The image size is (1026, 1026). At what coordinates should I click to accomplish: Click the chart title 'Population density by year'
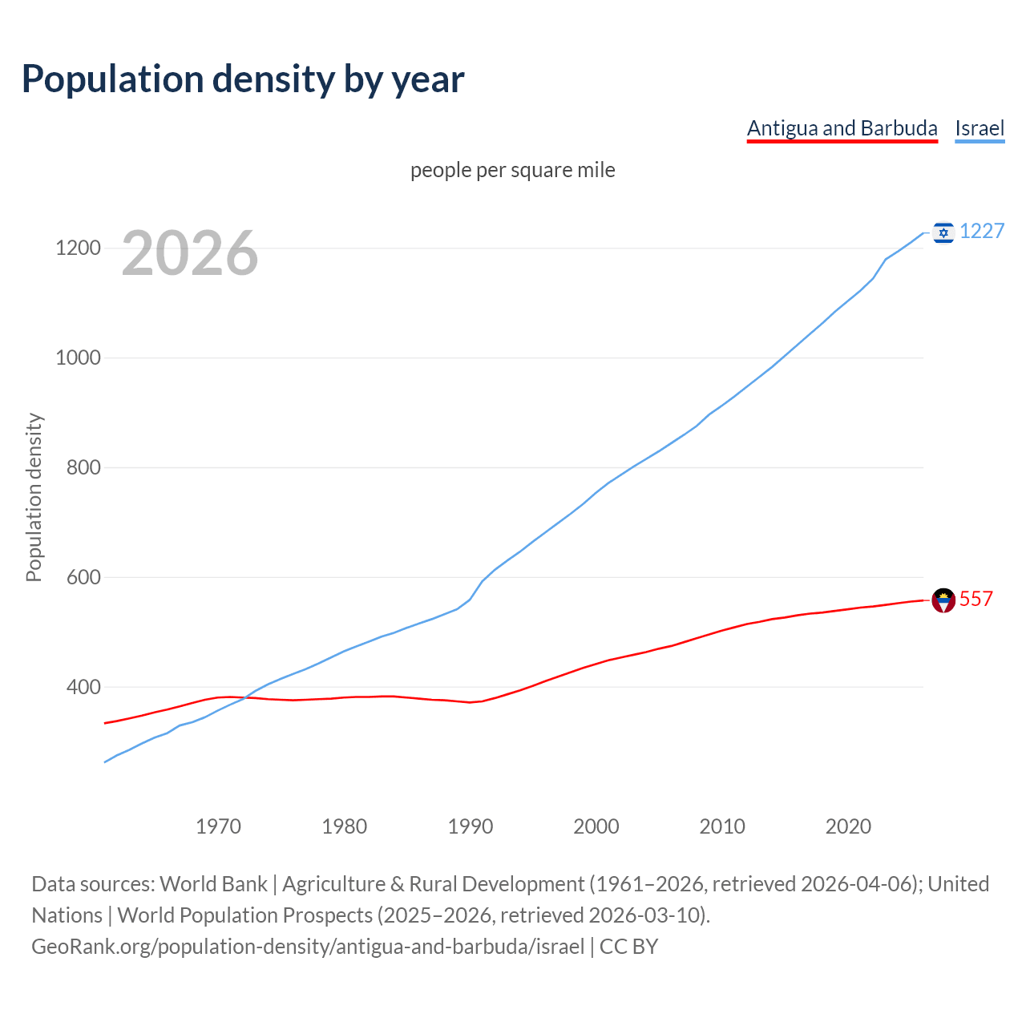(243, 79)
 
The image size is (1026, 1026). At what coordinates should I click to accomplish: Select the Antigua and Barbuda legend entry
(842, 128)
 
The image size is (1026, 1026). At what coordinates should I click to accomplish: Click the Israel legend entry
(980, 128)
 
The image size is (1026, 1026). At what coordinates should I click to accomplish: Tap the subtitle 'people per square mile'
(513, 170)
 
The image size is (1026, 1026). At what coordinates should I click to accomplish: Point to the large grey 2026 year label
(190, 253)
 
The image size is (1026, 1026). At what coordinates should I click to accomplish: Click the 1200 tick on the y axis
(78, 248)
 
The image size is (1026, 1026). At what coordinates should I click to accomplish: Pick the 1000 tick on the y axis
(78, 357)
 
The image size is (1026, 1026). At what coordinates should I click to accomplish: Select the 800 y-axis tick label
(83, 467)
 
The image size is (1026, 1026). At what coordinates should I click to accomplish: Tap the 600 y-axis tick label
(83, 577)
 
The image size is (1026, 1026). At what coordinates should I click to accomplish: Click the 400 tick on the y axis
(83, 687)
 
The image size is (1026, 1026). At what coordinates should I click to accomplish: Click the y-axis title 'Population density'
(34, 497)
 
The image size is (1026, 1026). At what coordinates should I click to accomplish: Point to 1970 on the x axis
(218, 826)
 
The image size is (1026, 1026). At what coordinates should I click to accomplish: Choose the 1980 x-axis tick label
(344, 826)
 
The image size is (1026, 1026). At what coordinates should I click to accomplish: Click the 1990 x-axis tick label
(471, 826)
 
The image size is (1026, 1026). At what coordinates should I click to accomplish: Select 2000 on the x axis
(596, 826)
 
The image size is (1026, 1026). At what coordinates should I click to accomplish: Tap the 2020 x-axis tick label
(848, 826)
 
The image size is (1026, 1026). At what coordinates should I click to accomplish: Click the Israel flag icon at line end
(943, 232)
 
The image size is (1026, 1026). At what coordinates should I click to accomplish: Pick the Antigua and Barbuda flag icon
(943, 600)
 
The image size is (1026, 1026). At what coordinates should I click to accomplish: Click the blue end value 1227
(982, 232)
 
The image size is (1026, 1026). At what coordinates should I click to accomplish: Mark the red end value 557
(976, 599)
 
